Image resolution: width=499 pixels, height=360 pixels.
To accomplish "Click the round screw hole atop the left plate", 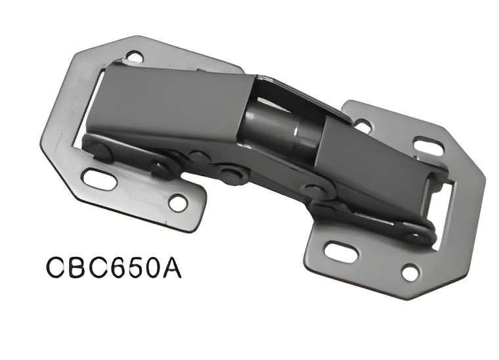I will [x=135, y=57].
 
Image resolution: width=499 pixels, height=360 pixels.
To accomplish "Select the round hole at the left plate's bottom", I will [x=178, y=202].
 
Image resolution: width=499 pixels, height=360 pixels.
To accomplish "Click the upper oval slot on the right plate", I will [x=429, y=146].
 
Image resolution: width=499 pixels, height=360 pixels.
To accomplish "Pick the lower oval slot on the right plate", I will [x=339, y=251].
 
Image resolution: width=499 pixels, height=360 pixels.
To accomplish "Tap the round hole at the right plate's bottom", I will [x=410, y=270].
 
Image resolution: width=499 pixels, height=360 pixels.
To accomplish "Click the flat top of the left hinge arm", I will [x=171, y=99].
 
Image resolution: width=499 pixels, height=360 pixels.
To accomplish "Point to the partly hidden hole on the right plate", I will [x=362, y=123].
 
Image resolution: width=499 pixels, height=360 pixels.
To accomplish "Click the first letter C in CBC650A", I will [x=58, y=269].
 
